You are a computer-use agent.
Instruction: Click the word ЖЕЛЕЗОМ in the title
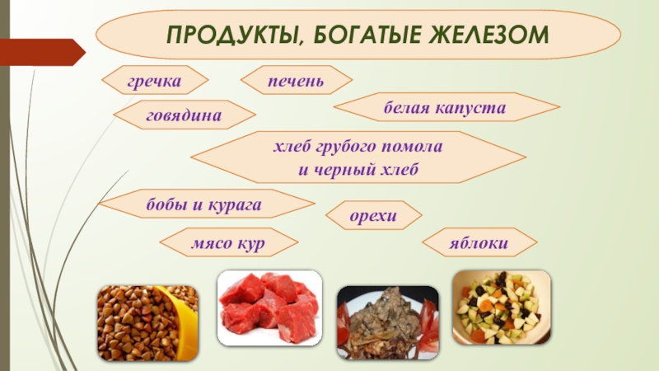488,34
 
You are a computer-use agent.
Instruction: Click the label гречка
154,81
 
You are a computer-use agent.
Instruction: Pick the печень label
297,80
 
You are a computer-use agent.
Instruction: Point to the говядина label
184,115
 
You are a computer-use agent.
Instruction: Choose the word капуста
470,109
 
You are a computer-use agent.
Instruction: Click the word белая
406,108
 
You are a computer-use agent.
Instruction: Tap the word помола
412,147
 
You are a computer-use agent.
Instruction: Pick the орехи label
373,216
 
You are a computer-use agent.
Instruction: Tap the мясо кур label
228,243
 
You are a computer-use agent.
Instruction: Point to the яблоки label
479,242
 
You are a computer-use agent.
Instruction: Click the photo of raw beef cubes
270,308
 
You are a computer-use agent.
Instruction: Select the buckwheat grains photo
148,323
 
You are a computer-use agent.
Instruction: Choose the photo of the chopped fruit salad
502,308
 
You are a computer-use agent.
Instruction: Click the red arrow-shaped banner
42,52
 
